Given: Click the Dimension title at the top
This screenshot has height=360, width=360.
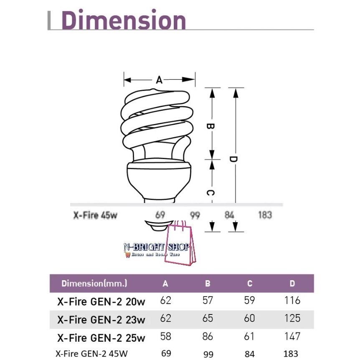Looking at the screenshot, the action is tap(124, 20).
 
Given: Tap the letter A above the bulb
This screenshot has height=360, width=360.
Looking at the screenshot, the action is tap(159, 80).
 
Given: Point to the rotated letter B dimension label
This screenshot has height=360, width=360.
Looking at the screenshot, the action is tap(210, 126).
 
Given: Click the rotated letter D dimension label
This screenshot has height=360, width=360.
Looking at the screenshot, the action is tap(233, 159).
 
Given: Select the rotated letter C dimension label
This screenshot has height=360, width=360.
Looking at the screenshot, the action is tap(210, 193).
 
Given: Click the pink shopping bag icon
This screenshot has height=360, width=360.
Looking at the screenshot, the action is tap(181, 243).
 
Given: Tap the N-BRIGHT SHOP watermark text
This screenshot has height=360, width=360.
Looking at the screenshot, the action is tap(157, 247).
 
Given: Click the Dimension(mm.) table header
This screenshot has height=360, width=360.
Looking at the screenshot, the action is tap(94, 283).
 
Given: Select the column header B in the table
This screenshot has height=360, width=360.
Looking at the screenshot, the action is tap(208, 284).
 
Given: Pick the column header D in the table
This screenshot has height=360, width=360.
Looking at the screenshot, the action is tap(292, 284).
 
